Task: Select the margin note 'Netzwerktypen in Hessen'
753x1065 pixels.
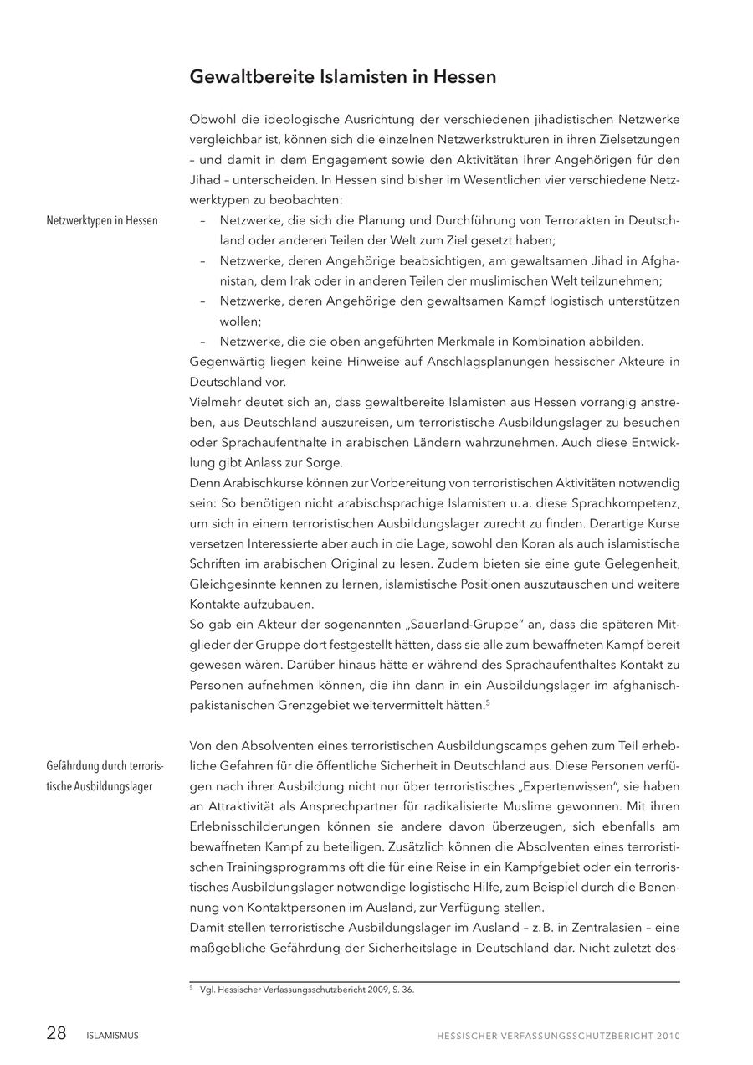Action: click(102, 221)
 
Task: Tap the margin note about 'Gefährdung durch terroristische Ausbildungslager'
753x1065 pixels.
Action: click(105, 776)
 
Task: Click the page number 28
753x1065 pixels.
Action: click(56, 1033)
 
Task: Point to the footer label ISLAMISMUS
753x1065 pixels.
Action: click(112, 1036)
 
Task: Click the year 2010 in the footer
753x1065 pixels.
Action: click(668, 1036)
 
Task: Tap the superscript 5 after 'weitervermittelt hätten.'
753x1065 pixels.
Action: click(487, 702)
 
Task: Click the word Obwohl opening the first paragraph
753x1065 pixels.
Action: click(210, 119)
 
